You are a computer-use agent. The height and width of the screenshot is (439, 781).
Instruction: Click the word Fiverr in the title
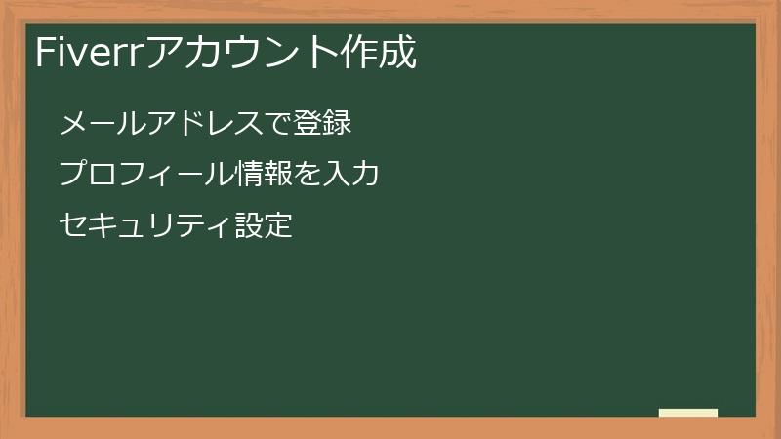pos(88,54)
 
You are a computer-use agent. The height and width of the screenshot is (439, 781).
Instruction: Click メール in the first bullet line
pos(100,124)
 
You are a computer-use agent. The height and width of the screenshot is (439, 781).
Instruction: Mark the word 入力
pos(350,175)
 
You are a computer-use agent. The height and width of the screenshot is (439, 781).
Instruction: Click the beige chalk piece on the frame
pos(688,413)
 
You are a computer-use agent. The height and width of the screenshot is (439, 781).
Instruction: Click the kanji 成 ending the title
pos(401,54)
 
